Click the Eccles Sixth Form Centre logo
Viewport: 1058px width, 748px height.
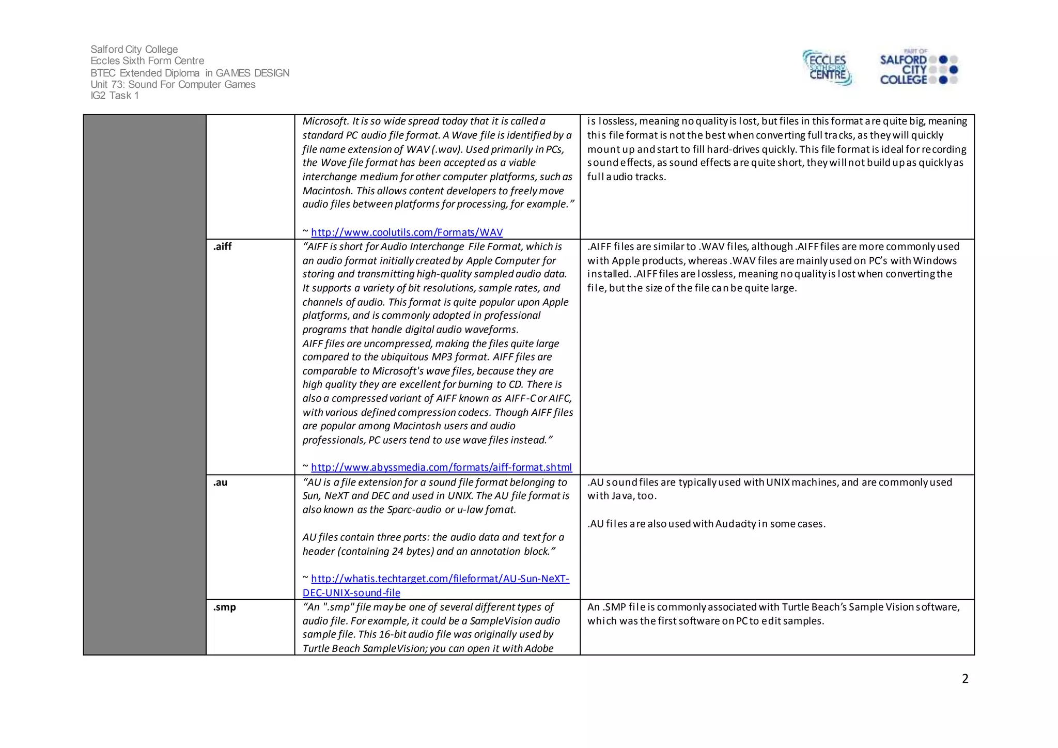pyautogui.click(x=827, y=68)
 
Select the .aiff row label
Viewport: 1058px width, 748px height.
pyautogui.click(x=222, y=246)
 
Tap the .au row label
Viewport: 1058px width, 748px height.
pyautogui.click(x=220, y=482)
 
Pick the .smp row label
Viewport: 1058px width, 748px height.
pyautogui.click(x=224, y=607)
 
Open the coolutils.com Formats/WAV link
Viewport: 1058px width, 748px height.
pyautogui.click(x=407, y=232)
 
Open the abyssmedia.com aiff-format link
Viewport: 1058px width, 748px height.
pyautogui.click(x=441, y=467)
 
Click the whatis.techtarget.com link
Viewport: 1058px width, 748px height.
pyautogui.click(x=440, y=579)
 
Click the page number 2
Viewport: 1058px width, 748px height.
pyautogui.click(x=964, y=679)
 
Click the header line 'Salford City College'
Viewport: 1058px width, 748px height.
pyautogui.click(x=134, y=49)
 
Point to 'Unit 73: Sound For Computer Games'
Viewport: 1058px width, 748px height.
pyautogui.click(x=173, y=84)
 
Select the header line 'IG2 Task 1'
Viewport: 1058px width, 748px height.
pyautogui.click(x=114, y=96)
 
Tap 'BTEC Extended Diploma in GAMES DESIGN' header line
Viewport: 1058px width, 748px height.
pyautogui.click(x=190, y=73)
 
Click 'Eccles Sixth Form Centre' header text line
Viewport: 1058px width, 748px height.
pyautogui.click(x=147, y=61)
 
